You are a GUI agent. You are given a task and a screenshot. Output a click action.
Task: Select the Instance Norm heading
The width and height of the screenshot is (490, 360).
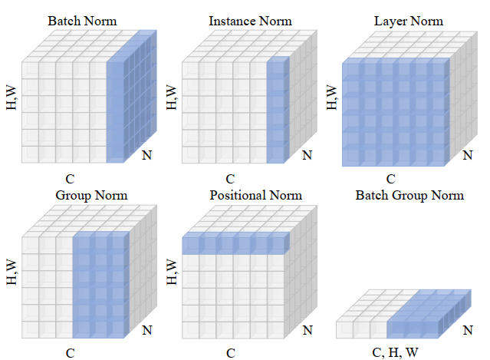[x=250, y=21]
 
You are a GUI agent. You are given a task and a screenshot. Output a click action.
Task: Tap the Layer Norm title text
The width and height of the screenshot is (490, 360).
[x=408, y=21]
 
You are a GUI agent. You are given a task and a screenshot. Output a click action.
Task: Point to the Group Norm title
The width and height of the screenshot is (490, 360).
[x=90, y=195]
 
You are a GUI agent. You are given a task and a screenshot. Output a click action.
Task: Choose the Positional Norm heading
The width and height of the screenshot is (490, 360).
[x=256, y=195]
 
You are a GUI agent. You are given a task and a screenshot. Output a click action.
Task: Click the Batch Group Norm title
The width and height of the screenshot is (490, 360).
[x=409, y=195]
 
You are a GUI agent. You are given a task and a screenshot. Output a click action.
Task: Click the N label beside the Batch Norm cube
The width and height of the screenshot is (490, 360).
[x=147, y=156]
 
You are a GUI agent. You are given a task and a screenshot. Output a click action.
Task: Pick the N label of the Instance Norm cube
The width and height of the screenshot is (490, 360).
[x=307, y=156]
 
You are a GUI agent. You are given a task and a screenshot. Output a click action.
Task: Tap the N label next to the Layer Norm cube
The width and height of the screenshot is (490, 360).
[x=468, y=156]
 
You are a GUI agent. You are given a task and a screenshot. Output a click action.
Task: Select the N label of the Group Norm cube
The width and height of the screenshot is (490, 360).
[x=147, y=331]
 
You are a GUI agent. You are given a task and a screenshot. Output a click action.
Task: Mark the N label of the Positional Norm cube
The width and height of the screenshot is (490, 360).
[x=307, y=331]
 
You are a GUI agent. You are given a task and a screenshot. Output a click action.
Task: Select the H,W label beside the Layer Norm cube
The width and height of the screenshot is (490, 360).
[x=332, y=97]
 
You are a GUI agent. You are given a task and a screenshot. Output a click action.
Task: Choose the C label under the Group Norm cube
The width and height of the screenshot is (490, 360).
[x=70, y=354]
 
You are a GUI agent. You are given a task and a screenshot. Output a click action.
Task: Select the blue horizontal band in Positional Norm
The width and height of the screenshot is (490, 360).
[x=234, y=245]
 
